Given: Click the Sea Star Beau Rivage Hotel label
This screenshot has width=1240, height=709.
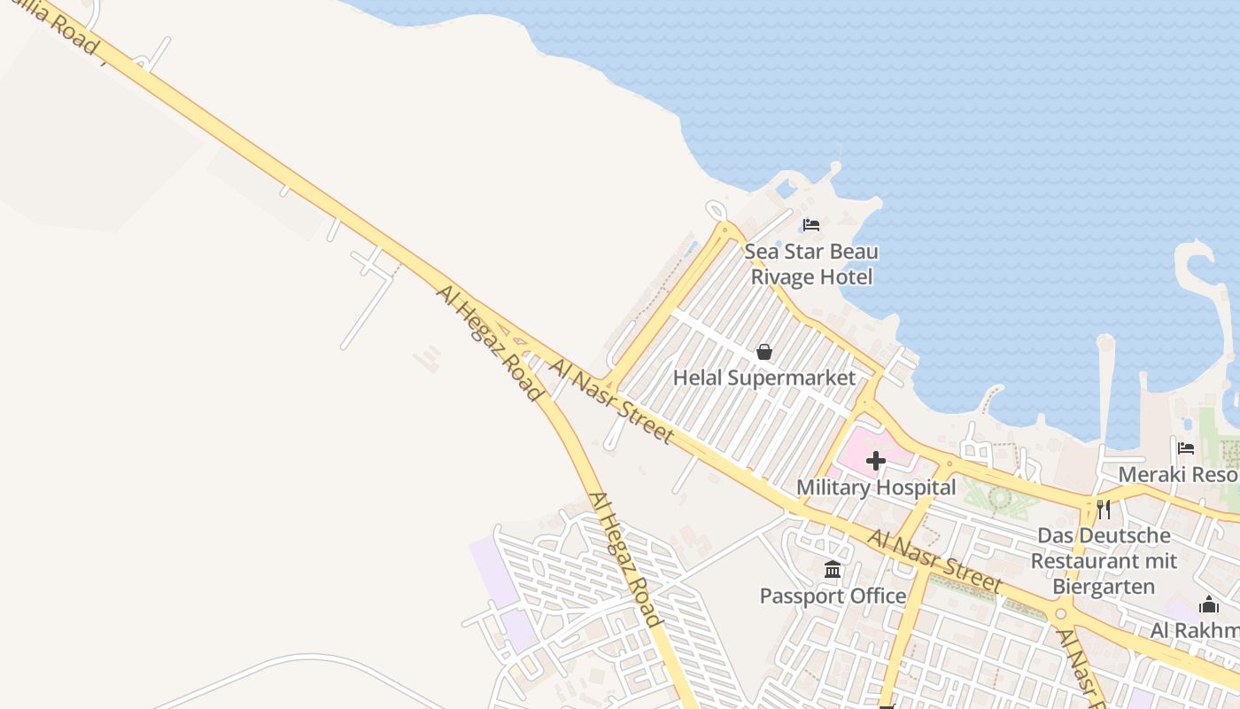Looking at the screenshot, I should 811,264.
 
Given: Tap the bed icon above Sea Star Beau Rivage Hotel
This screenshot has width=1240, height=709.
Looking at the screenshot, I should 811,224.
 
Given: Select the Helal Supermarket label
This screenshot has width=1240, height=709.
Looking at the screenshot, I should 764,378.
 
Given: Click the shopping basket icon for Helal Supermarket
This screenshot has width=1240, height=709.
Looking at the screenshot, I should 764,352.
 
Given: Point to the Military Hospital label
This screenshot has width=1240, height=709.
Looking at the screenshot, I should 876,487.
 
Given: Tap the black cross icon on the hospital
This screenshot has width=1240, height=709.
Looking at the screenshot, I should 876,461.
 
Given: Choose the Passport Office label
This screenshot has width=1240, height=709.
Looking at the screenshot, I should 833,596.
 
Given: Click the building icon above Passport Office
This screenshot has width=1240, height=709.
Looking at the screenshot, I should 833,569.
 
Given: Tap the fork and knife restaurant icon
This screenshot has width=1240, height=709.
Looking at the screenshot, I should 1104,509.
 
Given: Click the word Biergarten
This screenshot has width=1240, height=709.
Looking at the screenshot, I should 1104,587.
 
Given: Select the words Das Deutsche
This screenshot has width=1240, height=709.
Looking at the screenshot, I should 1104,536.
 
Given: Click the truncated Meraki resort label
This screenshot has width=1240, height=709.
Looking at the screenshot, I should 1178,474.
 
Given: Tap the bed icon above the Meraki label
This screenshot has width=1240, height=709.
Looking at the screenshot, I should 1186,448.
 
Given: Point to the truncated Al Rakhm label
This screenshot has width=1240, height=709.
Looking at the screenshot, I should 1194,630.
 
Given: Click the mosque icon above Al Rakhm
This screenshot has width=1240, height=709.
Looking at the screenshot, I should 1209,605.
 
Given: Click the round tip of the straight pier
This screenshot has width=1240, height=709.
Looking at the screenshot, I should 1104,342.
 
